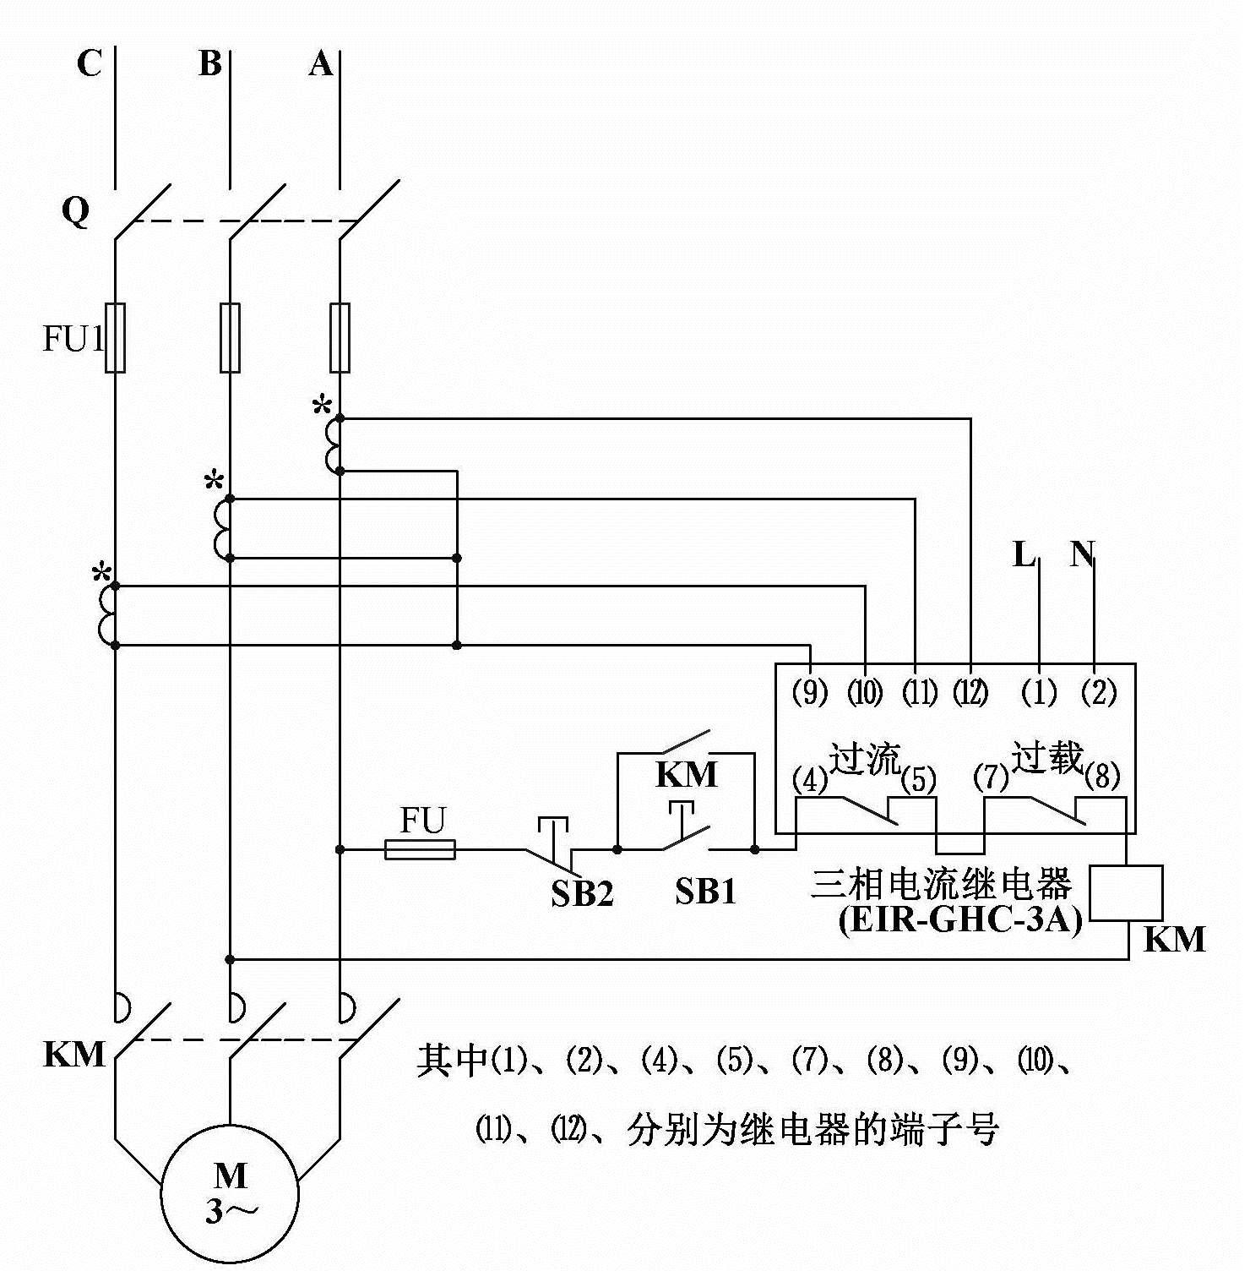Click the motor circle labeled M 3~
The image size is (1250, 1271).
coord(230,1192)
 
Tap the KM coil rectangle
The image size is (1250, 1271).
coord(1125,892)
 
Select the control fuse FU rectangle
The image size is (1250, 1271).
coord(420,849)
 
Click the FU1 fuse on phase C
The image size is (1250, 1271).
coord(115,337)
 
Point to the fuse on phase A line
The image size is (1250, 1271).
coord(340,337)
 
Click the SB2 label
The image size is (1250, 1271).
coord(582,893)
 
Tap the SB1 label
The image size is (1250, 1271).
coord(705,891)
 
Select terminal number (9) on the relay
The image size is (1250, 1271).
coord(810,693)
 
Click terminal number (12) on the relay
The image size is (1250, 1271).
coord(970,693)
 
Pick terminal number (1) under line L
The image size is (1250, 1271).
coord(1039,693)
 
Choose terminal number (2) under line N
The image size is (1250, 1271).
coord(1099,693)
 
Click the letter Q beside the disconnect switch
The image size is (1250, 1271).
coord(75,210)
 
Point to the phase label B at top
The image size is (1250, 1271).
coord(210,63)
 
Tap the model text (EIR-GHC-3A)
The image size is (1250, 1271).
coord(960,919)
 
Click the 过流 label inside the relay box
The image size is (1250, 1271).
coord(865,758)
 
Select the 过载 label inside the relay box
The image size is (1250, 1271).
coord(1047,756)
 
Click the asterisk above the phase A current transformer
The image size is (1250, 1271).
coord(322,406)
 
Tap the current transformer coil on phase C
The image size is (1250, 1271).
coord(108,614)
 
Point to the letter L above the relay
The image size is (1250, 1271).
coord(1024,555)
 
